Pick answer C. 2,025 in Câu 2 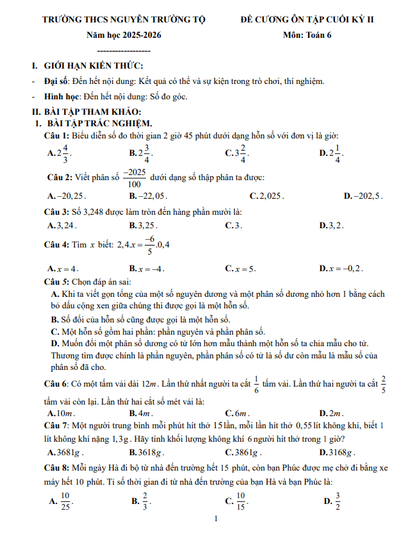pyautogui.click(x=270, y=196)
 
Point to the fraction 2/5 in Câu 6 pyautogui.click(x=383, y=383)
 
